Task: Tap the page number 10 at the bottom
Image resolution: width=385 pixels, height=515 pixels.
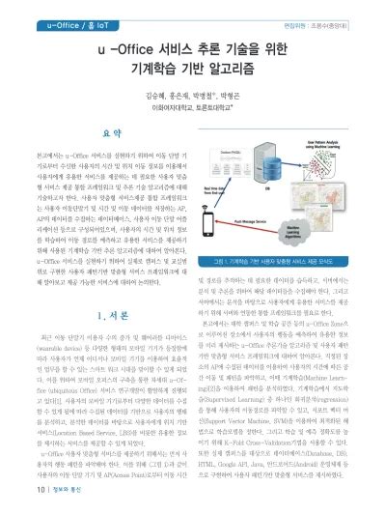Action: (13, 501)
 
